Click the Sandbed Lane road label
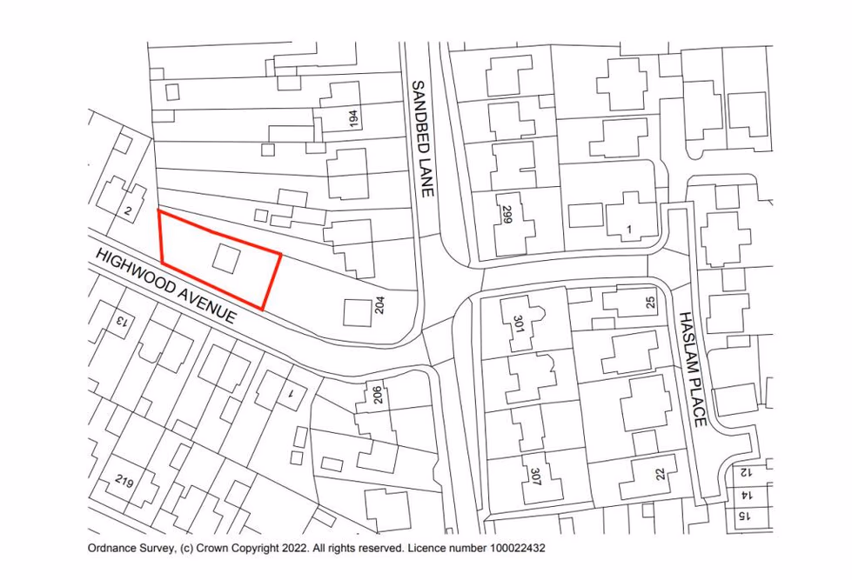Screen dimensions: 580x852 pos(422,139)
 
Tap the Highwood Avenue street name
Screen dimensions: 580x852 pos(165,285)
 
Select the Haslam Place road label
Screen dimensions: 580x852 pos(691,369)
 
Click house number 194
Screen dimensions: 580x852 pos(352,119)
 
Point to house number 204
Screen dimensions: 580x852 pos(379,305)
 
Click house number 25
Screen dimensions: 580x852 pos(649,303)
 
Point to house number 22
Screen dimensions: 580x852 pos(660,473)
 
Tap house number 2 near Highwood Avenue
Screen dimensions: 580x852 pos(128,211)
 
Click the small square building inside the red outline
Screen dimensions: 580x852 pos(226,259)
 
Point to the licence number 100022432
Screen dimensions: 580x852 pos(506,549)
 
